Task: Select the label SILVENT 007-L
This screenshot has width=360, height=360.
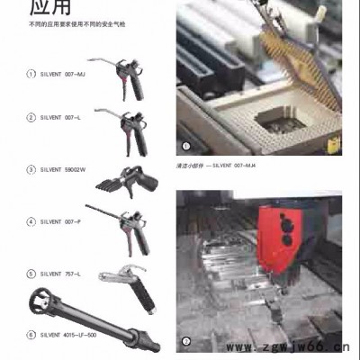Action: pos(59,117)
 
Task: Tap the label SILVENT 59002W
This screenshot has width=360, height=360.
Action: pos(61,168)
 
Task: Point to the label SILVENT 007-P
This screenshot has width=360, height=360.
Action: pos(59,220)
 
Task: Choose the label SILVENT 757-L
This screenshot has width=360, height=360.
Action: pos(59,273)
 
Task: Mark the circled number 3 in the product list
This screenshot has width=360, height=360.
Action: pos(30,168)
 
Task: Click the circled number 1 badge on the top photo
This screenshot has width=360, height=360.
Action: pos(186,145)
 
